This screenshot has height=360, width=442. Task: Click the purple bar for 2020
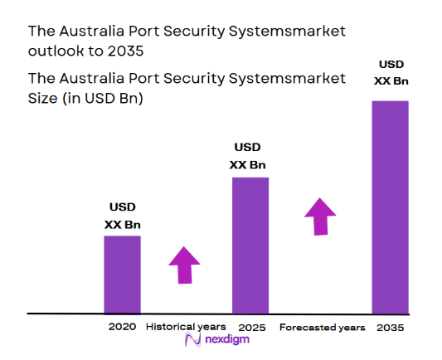pyautogui.click(x=122, y=275)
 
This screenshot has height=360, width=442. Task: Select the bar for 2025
pyautogui.click(x=250, y=246)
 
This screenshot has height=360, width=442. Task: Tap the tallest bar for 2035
pyautogui.click(x=390, y=207)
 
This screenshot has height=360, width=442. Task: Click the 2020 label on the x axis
pyautogui.click(x=122, y=327)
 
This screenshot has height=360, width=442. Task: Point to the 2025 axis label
pyautogui.click(x=251, y=328)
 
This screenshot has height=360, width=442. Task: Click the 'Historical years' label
pyautogui.click(x=185, y=327)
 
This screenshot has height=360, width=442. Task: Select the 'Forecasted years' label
pyautogui.click(x=322, y=328)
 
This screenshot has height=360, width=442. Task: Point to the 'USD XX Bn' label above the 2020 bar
pyautogui.click(x=122, y=216)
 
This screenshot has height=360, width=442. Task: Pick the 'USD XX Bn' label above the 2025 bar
pyautogui.click(x=248, y=156)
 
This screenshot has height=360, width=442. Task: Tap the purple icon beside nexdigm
pyautogui.click(x=192, y=341)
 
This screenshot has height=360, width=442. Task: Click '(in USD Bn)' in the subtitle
pyautogui.click(x=104, y=98)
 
